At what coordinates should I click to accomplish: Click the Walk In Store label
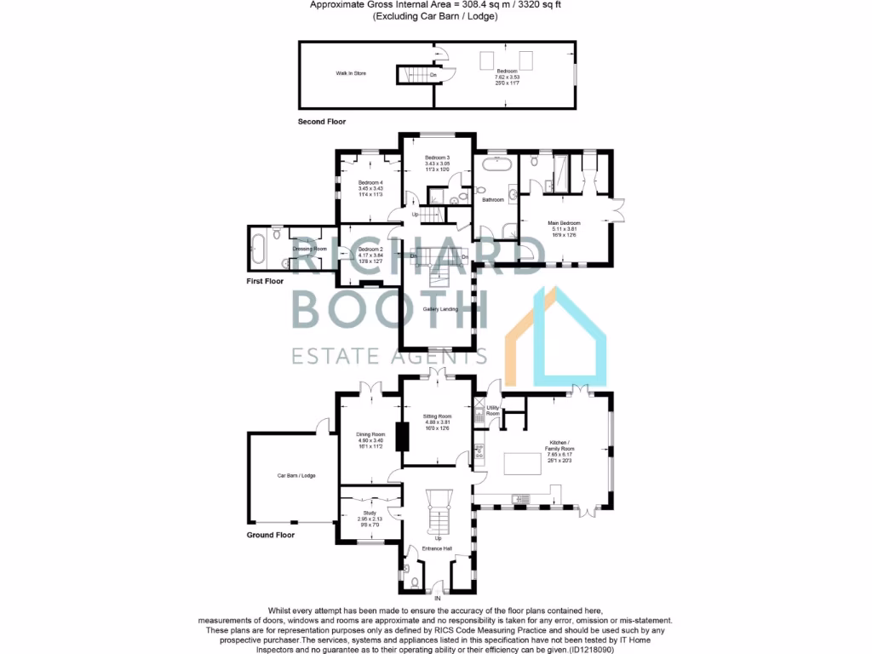pyautogui.click(x=350, y=74)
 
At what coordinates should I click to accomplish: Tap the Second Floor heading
pyautogui.click(x=321, y=122)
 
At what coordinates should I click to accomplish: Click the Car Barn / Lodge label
pyautogui.click(x=295, y=475)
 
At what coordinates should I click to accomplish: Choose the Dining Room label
pyautogui.click(x=370, y=433)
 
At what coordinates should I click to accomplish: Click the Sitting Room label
pyautogui.click(x=436, y=417)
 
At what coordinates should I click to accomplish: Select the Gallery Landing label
pyautogui.click(x=440, y=309)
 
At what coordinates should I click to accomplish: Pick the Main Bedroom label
pyautogui.click(x=563, y=223)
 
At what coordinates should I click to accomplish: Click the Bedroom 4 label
pyautogui.click(x=370, y=183)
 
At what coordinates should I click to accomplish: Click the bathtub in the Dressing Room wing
pyautogui.click(x=259, y=250)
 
